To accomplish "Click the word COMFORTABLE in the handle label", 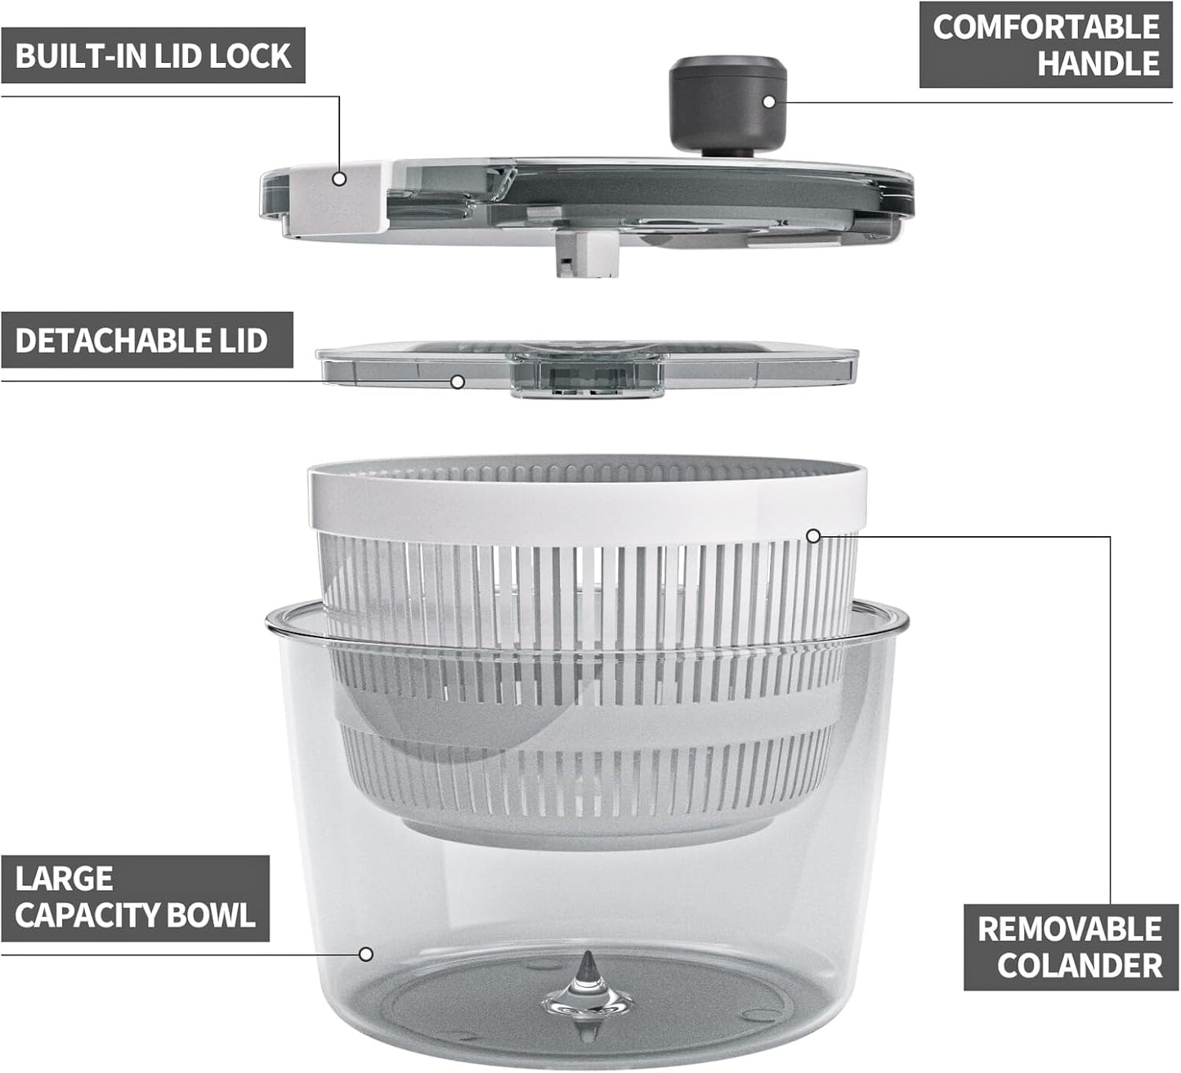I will coord(1045,27).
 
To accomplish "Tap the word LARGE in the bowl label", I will coord(64,879).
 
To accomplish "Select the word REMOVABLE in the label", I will coord(1069,929).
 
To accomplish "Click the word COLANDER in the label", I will coord(1079,965).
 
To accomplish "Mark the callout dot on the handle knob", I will coord(768,101).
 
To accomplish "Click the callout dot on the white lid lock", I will coord(339,178).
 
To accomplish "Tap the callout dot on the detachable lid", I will coord(458,382).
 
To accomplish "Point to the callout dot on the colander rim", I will coord(812,536).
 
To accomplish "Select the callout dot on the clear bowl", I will coord(366,954).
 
